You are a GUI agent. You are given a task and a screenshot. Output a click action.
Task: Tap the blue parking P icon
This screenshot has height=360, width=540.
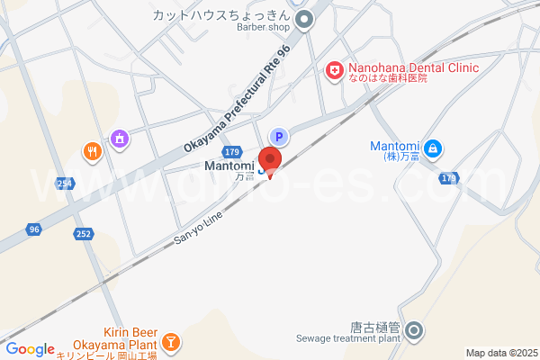tap(279, 137)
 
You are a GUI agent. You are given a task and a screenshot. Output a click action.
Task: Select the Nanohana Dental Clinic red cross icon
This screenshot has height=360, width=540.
tap(334, 69)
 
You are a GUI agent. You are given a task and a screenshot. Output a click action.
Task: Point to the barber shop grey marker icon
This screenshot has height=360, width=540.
tap(304, 17)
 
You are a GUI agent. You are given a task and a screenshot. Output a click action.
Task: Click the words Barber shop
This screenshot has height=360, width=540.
tap(265, 28)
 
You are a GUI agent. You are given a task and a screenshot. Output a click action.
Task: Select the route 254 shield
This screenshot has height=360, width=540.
tap(64, 184)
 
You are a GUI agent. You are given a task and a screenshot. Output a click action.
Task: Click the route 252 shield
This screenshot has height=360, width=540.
tap(83, 234)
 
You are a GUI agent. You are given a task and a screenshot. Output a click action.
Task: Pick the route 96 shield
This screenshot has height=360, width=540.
tap(33, 229)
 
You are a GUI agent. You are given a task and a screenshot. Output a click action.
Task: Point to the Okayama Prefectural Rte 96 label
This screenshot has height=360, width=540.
tap(239, 99)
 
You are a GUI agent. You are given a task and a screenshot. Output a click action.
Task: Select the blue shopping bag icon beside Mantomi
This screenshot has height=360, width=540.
tap(433, 148)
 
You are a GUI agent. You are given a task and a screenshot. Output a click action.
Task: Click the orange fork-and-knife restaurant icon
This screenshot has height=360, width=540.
tap(91, 151)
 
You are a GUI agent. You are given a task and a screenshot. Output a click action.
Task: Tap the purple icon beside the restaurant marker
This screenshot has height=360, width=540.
tap(119, 139)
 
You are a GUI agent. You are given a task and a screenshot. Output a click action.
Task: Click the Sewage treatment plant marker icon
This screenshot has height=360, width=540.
tap(415, 331)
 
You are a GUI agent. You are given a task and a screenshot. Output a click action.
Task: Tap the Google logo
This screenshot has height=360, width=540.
tap(31, 349)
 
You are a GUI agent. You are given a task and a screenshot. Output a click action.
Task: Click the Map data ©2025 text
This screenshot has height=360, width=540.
tap(501, 353)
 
